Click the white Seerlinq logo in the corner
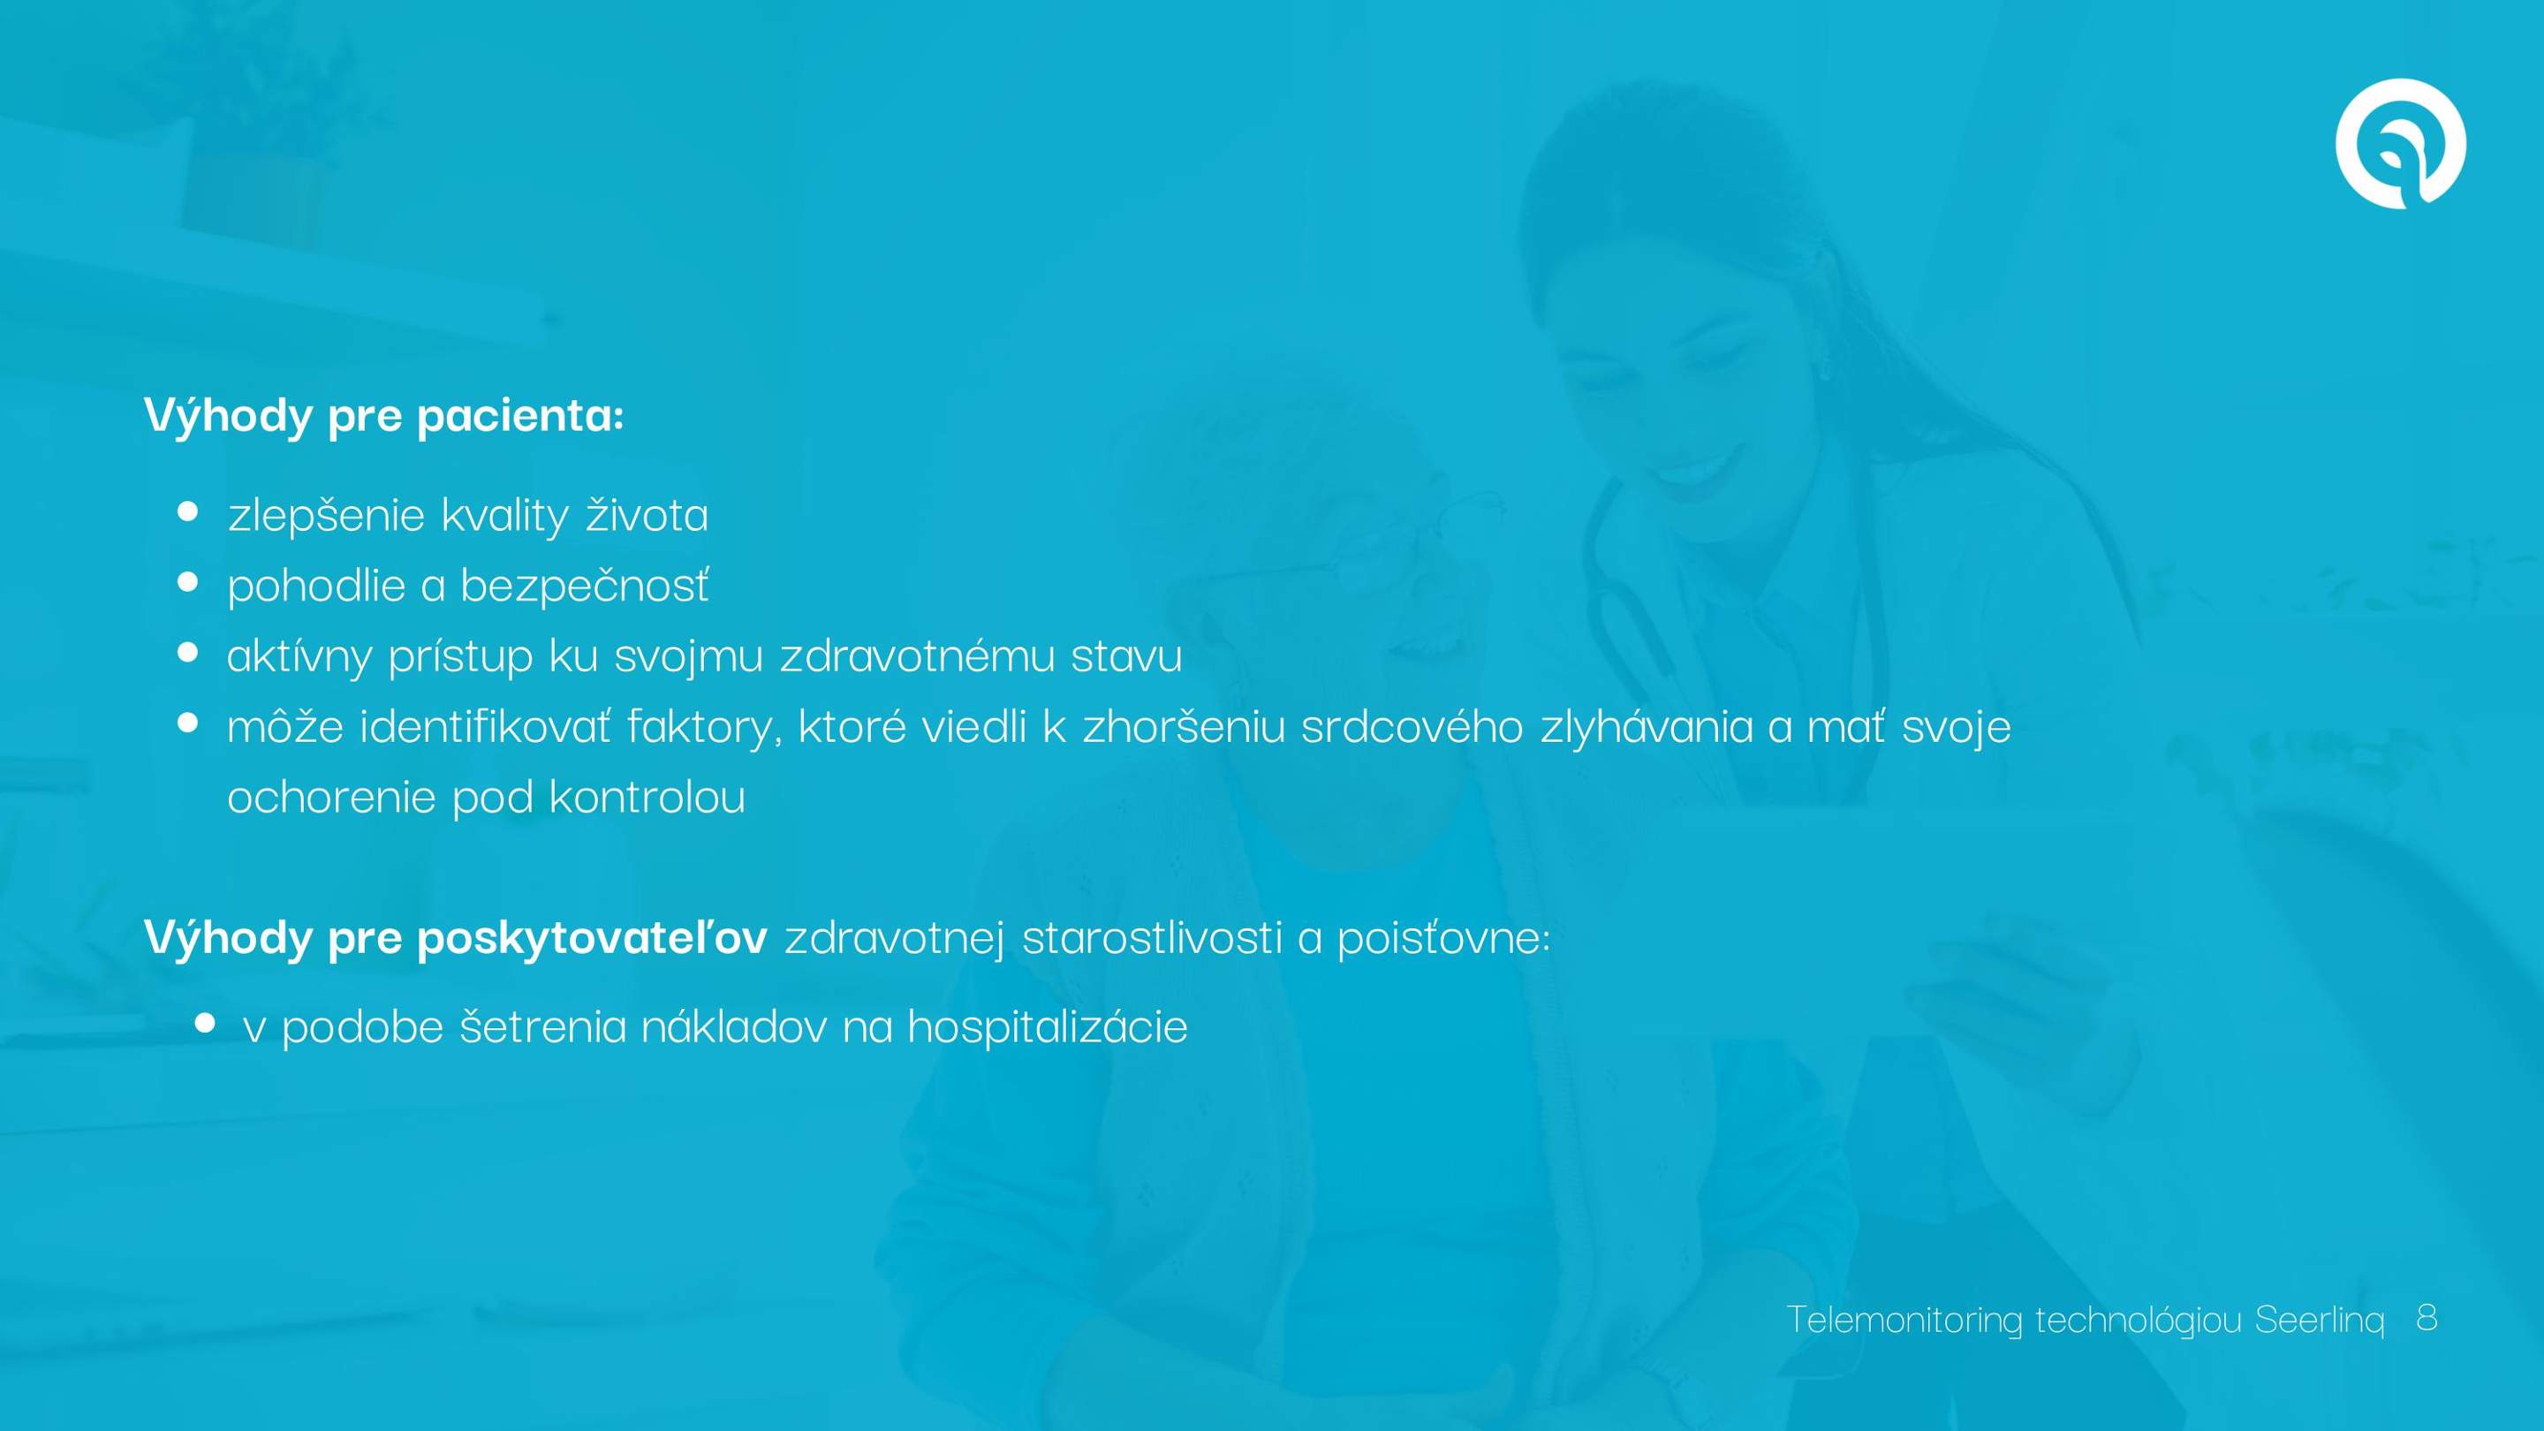click(x=2400, y=144)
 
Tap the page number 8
click(x=2427, y=1316)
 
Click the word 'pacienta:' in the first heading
click(x=520, y=415)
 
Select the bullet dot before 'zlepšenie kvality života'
click(x=187, y=511)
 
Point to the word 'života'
click(x=647, y=513)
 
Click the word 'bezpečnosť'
click(x=585, y=585)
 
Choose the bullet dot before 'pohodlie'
click(x=187, y=582)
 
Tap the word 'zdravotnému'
click(x=918, y=655)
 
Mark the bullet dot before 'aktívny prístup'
click(x=187, y=652)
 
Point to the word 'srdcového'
click(x=1412, y=726)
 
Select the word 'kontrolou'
click(x=647, y=797)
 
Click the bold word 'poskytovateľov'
click(x=592, y=937)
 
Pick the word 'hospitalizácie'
click(x=1047, y=1027)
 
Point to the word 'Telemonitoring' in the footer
click(x=1904, y=1320)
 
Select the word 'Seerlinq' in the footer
click(x=2320, y=1320)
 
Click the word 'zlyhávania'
click(x=1647, y=726)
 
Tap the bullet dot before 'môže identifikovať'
click(x=187, y=722)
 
